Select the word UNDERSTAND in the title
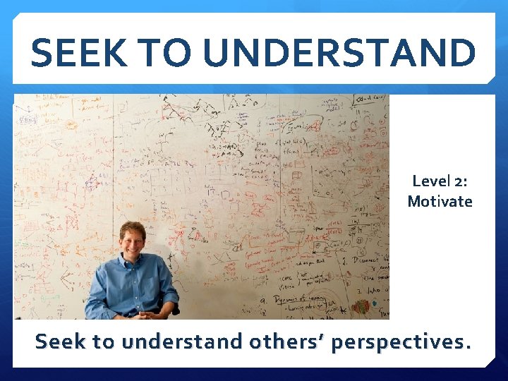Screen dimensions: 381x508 click(x=343, y=53)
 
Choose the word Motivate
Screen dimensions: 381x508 click(x=440, y=202)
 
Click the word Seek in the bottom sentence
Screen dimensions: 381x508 click(x=61, y=341)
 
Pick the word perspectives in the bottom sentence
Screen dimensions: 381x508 click(x=399, y=342)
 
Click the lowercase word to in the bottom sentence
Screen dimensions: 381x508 click(x=103, y=341)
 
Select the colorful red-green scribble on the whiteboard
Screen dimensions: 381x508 click(x=361, y=308)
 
